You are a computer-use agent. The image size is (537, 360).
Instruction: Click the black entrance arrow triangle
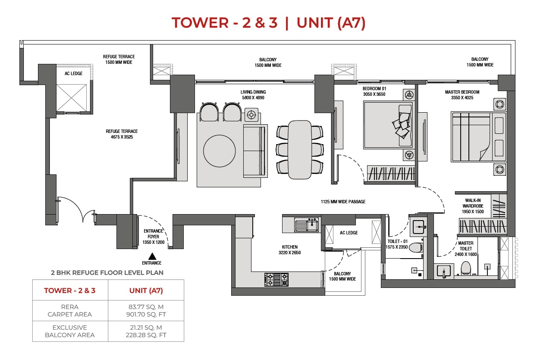coord(152,256)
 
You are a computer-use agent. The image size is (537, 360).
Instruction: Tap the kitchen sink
coord(306,225)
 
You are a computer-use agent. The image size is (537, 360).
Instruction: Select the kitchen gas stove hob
coord(276,280)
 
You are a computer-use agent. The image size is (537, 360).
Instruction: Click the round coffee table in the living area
coord(220,151)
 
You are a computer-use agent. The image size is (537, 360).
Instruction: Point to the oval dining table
coord(300,150)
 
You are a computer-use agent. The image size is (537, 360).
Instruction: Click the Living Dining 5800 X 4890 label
coord(253,95)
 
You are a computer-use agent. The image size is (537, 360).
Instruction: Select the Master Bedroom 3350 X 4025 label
coord(462,95)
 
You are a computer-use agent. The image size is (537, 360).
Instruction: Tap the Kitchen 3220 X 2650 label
coord(289,249)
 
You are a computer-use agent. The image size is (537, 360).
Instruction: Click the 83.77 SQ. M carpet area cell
coord(146,307)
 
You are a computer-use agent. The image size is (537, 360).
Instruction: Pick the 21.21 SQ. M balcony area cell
coord(146,328)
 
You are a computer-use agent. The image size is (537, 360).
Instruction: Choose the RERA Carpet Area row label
coord(70,311)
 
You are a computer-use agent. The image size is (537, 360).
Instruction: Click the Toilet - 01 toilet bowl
coord(415,248)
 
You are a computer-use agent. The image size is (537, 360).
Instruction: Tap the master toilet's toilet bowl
coord(466,268)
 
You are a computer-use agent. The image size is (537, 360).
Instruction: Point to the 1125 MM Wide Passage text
coord(343,202)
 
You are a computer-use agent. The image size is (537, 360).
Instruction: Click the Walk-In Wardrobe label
coord(473,206)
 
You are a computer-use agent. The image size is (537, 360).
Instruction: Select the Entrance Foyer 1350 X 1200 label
coord(154,237)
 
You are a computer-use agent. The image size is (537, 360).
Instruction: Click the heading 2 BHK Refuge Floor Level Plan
coord(107,273)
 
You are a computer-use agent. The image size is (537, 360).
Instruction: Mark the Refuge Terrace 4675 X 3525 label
coord(122,134)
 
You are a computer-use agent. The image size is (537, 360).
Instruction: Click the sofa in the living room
coord(255,151)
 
